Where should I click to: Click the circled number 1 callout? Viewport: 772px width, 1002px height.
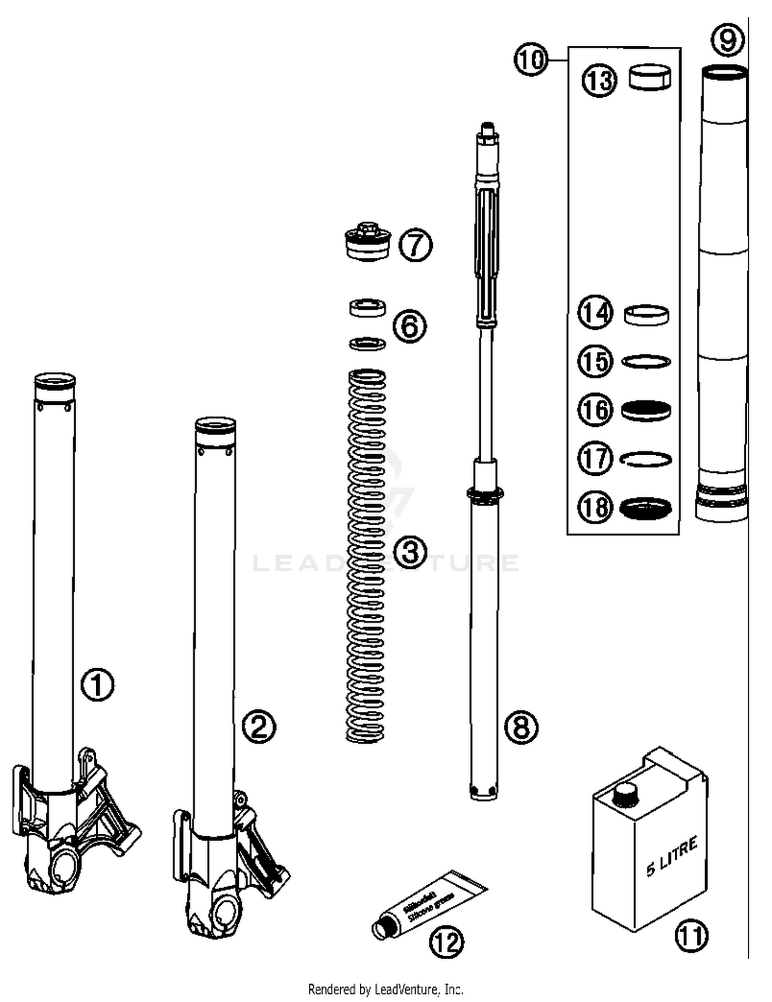coord(98,685)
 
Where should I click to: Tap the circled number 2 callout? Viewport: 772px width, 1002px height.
coord(259,727)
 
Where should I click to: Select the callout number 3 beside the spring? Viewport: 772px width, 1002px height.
coord(410,553)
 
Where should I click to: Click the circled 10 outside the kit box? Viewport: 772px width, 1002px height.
coord(531,60)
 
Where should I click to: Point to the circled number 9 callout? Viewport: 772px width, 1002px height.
coord(727,40)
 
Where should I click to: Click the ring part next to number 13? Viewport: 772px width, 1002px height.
coord(650,77)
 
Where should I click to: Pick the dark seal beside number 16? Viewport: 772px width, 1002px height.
coord(646,410)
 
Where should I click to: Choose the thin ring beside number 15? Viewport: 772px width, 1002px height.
coord(646,362)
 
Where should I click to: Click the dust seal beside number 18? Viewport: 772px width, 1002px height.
coord(645,508)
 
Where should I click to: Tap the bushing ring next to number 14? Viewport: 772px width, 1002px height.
coord(646,314)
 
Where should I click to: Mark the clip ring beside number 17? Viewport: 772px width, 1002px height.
coord(646,459)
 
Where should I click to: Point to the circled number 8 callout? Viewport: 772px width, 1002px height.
coord(521,727)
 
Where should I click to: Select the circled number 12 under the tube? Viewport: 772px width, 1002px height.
coord(446,942)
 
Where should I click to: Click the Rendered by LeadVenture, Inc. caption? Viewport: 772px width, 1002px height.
coord(385,989)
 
